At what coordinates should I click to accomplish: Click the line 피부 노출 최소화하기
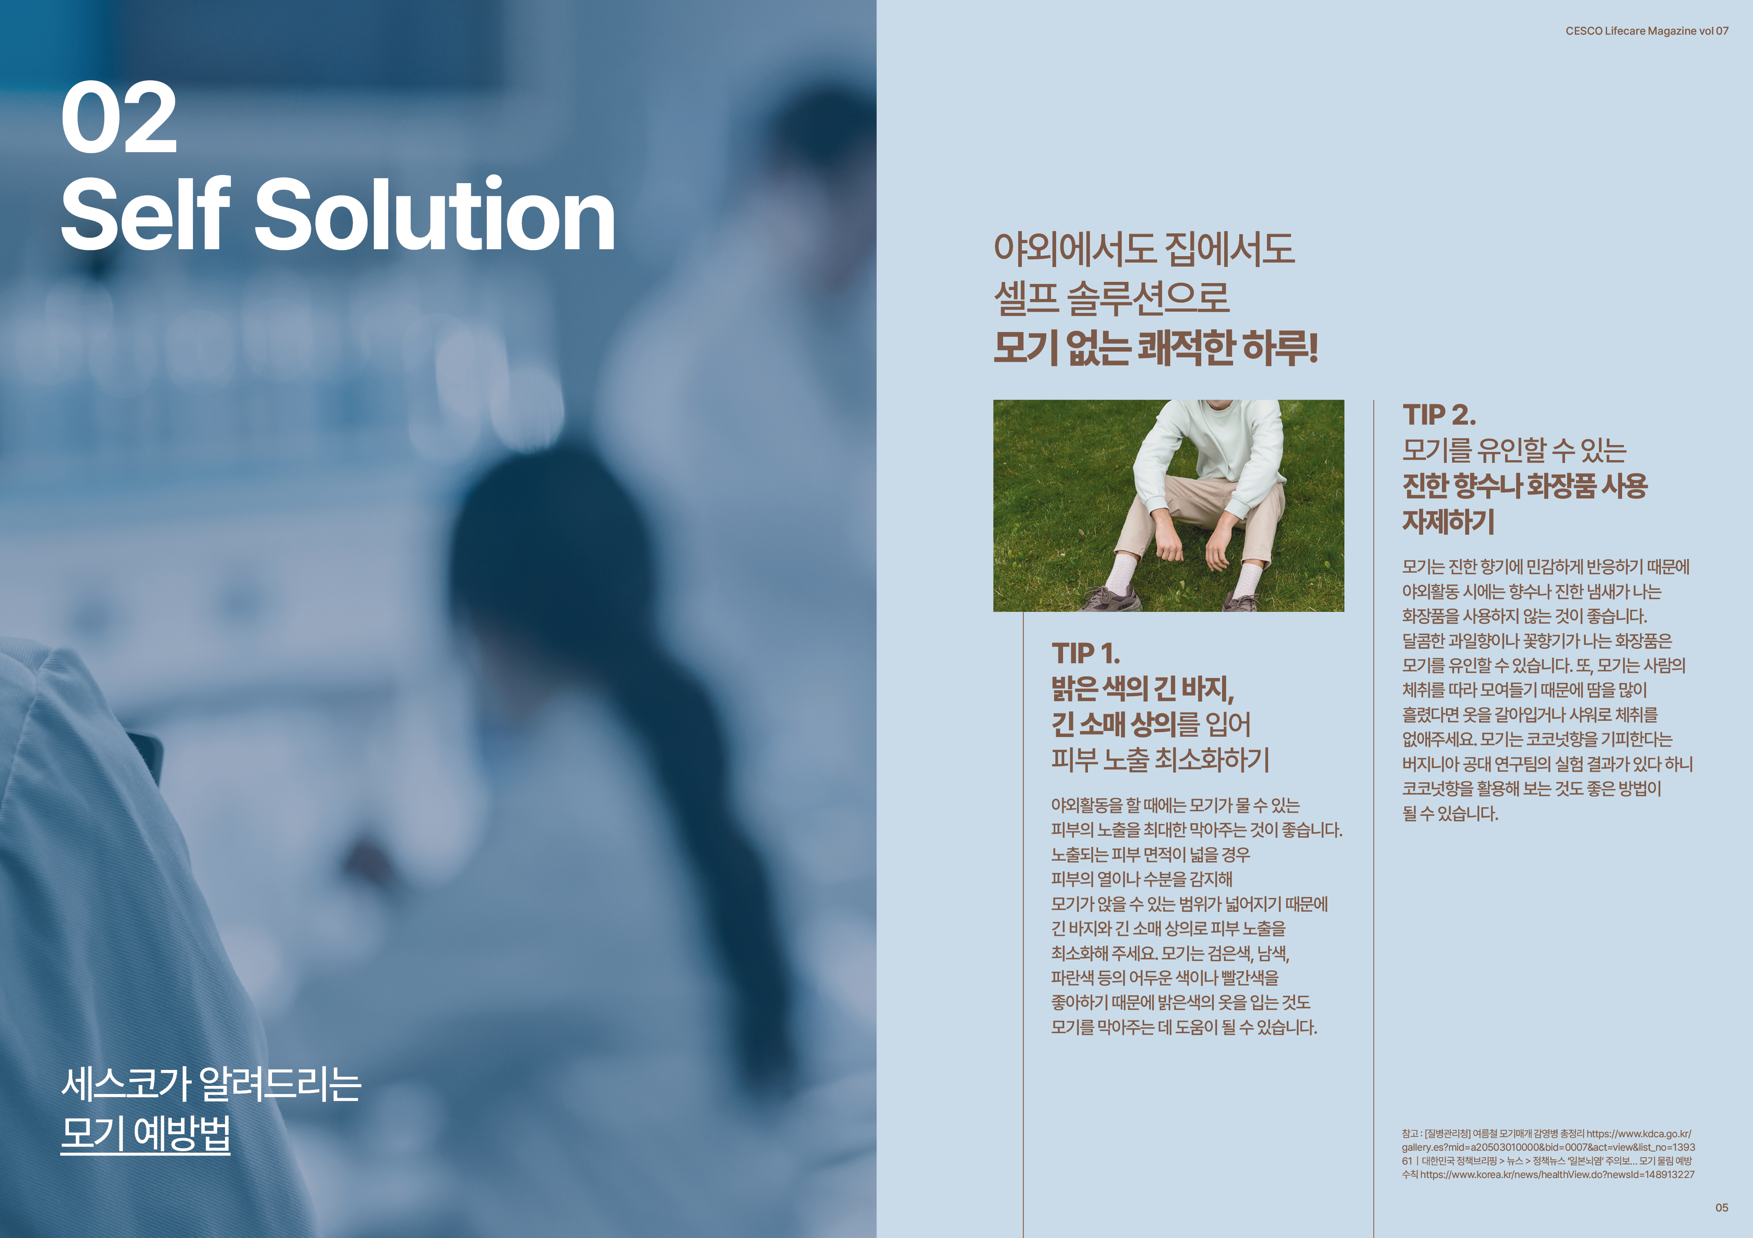pos(1160,759)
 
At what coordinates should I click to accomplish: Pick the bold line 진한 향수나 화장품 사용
pos(1525,486)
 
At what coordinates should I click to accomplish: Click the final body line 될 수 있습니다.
pos(1450,813)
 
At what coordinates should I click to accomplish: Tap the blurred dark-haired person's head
pos(535,535)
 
